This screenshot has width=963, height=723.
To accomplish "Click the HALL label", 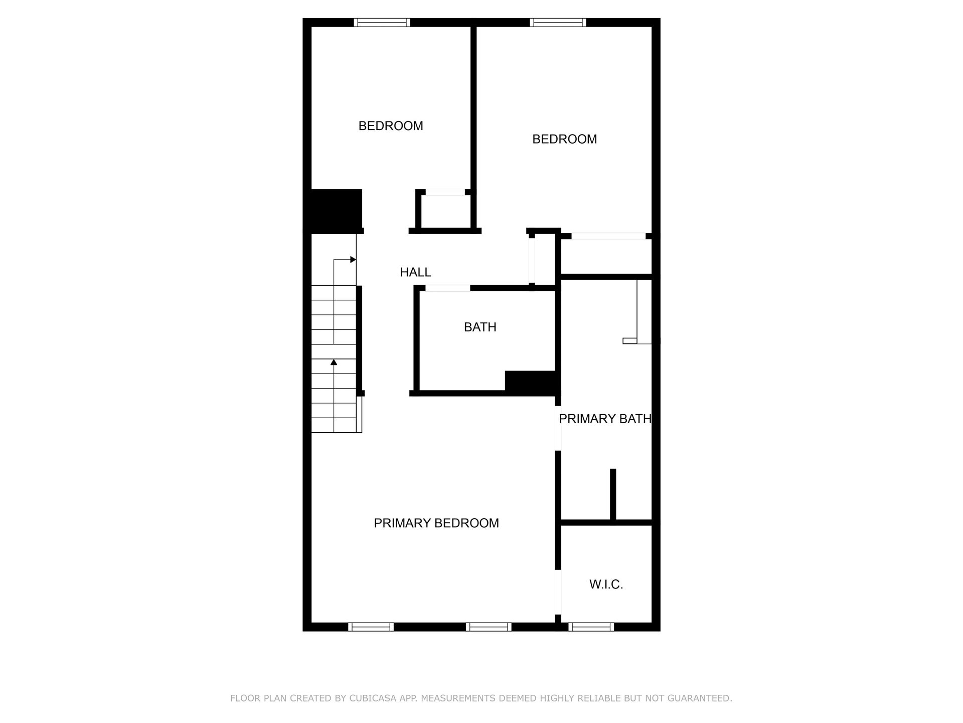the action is click(415, 272).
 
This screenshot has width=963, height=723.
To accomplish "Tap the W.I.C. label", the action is click(606, 584).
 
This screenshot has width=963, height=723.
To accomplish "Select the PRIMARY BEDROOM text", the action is click(436, 523).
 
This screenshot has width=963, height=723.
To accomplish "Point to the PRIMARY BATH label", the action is click(605, 419).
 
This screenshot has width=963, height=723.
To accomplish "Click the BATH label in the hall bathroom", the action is click(480, 327).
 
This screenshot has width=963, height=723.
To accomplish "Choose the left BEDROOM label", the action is click(391, 126).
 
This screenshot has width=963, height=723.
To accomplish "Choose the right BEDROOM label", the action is click(564, 139).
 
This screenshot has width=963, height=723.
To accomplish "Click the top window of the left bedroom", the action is click(382, 23).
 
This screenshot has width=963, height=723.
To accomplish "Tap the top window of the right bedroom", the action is click(558, 23).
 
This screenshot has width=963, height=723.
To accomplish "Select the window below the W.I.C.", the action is click(591, 627).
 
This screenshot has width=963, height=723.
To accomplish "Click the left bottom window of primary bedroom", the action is click(371, 627).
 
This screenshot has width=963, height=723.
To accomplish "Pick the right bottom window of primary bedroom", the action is click(489, 627).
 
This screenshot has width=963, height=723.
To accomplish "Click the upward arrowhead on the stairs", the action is click(334, 362).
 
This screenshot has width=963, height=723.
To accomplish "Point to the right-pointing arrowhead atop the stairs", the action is click(353, 260).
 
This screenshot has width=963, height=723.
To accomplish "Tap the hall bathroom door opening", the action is click(447, 288).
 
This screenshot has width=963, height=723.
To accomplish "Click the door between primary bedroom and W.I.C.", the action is click(558, 592).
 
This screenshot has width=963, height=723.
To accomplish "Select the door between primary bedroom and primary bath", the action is click(558, 428).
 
